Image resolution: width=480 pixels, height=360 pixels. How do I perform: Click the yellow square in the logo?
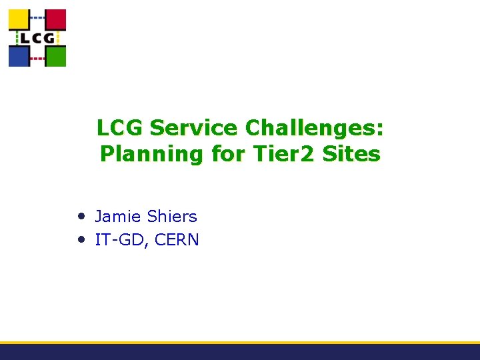(x=18, y=19)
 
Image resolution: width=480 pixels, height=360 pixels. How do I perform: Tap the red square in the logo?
(x=56, y=19)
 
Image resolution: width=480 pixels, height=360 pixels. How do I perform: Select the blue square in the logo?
(x=18, y=56)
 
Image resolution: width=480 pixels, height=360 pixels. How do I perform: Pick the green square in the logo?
(x=56, y=56)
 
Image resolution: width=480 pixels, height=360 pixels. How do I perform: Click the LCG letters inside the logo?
(x=37, y=38)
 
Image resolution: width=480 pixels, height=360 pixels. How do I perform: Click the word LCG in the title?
(x=121, y=127)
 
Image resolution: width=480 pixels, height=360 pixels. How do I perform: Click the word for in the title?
(x=227, y=154)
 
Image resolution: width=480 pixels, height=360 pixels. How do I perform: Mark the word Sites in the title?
(x=351, y=154)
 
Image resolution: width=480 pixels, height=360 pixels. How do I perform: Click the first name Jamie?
(x=118, y=217)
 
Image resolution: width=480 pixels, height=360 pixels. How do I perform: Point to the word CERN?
(x=177, y=240)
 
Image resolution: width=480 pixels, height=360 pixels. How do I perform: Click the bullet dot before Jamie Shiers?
(x=80, y=215)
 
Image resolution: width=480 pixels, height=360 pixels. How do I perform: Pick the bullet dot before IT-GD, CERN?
(x=80, y=238)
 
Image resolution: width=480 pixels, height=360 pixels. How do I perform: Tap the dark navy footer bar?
(x=240, y=353)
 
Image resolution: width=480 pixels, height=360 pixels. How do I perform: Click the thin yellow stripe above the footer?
(x=240, y=343)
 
